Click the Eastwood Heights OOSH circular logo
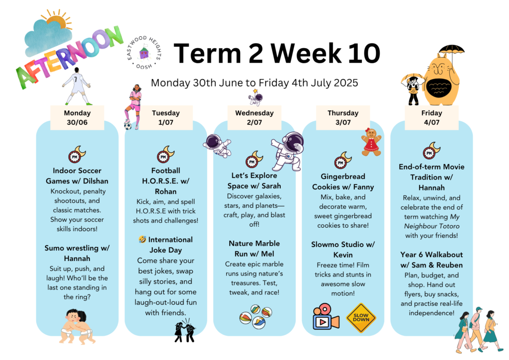144,53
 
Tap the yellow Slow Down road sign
361,318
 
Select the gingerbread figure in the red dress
371,142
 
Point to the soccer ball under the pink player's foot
128,126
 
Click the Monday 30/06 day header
77,117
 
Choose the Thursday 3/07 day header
343,117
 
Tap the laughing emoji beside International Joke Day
142,240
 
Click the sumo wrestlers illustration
77,326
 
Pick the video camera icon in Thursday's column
326,317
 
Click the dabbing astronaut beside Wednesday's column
288,151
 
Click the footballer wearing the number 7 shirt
77,86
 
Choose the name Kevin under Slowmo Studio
343,255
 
